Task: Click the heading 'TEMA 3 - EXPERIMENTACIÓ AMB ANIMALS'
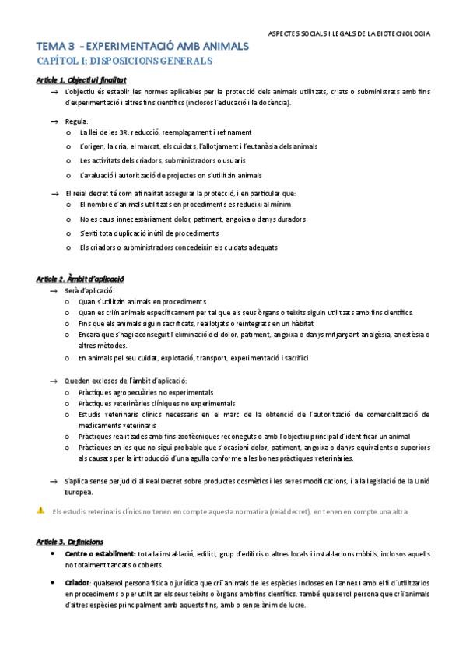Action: pyautogui.click(x=142, y=47)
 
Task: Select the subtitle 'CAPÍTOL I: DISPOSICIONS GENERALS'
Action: pyautogui.click(x=124, y=60)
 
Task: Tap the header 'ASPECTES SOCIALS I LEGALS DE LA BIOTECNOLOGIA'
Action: pyautogui.click(x=349, y=33)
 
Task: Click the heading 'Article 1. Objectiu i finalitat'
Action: pyautogui.click(x=82, y=80)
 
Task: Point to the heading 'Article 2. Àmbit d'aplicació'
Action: pyautogui.click(x=81, y=278)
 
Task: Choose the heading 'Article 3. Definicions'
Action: pyautogui.click(x=70, y=541)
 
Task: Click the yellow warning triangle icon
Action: pyautogui.click(x=40, y=511)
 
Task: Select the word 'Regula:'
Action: pyautogui.click(x=77, y=121)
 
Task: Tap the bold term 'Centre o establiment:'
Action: pyautogui.click(x=98, y=553)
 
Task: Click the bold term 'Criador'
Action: pyautogui.click(x=76, y=582)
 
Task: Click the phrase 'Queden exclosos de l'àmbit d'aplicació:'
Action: pyautogui.click(x=126, y=381)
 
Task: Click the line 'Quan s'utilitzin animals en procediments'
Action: pyautogui.click(x=142, y=301)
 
